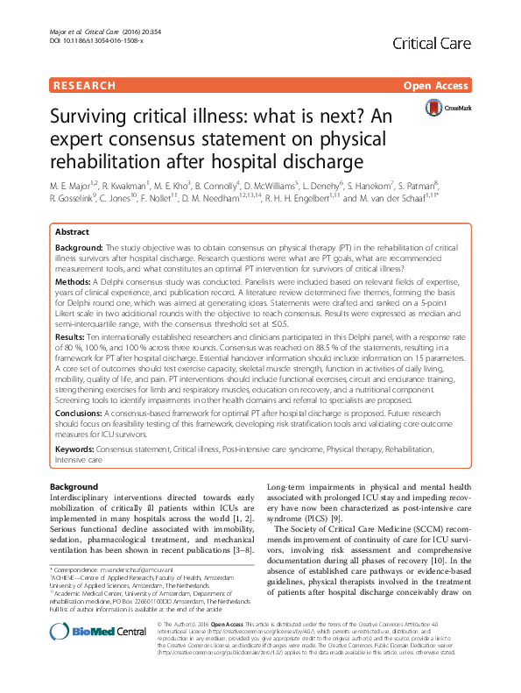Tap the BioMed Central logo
[x=85, y=654]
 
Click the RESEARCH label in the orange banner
[x=84, y=86]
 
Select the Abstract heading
[x=72, y=231]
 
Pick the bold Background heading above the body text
[x=74, y=487]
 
